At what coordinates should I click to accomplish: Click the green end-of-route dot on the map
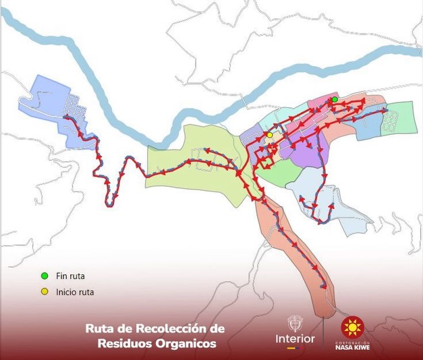335,100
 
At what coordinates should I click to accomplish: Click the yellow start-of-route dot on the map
269,135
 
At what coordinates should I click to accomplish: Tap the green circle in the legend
45,276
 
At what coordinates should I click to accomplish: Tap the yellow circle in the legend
45,292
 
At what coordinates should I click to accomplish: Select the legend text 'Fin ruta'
70,276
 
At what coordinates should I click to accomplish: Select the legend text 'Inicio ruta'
75,293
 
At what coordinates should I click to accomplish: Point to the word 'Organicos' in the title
186,343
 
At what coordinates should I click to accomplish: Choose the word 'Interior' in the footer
295,337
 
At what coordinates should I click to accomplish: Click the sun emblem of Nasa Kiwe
352,328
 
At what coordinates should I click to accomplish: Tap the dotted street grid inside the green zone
390,121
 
